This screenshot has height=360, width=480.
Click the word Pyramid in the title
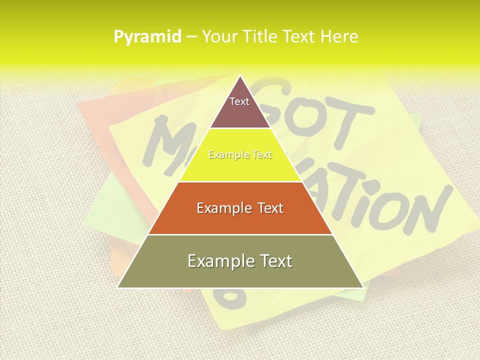tap(147, 37)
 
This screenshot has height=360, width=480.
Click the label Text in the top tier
tap(239, 101)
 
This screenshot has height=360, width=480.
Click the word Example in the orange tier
tap(219, 208)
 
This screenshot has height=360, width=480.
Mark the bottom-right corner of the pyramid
tap(363, 287)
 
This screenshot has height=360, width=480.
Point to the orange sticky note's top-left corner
tap(78, 104)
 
